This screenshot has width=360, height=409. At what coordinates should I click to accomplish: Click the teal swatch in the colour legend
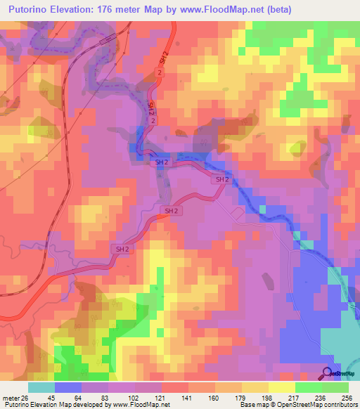[x=41, y=388]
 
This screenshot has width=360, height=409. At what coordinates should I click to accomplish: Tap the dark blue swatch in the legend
[x=68, y=388]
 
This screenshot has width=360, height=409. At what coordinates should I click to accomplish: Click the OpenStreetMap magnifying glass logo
[x=327, y=372]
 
